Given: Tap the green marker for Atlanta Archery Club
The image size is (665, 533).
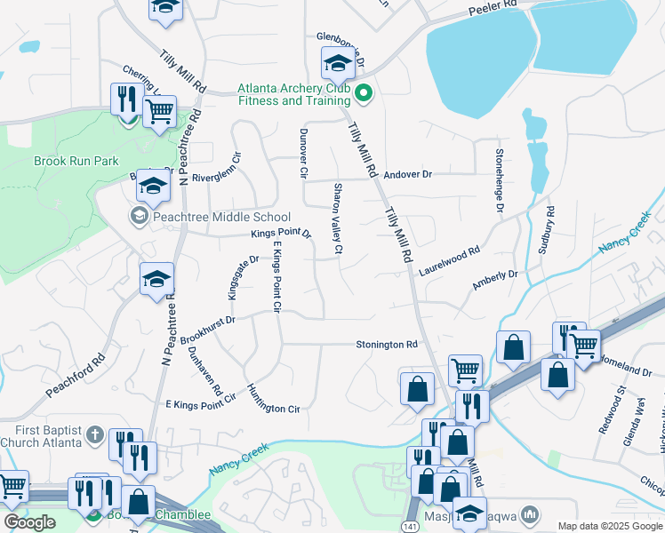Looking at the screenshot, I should [x=363, y=92].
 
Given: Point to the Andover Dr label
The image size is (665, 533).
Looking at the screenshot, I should [x=408, y=175].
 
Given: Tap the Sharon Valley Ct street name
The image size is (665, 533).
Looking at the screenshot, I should [x=338, y=219].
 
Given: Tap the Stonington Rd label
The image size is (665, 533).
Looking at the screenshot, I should [x=387, y=345].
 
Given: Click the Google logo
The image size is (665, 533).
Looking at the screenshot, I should [x=29, y=522].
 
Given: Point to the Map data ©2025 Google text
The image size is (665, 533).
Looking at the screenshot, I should [x=609, y=526].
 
